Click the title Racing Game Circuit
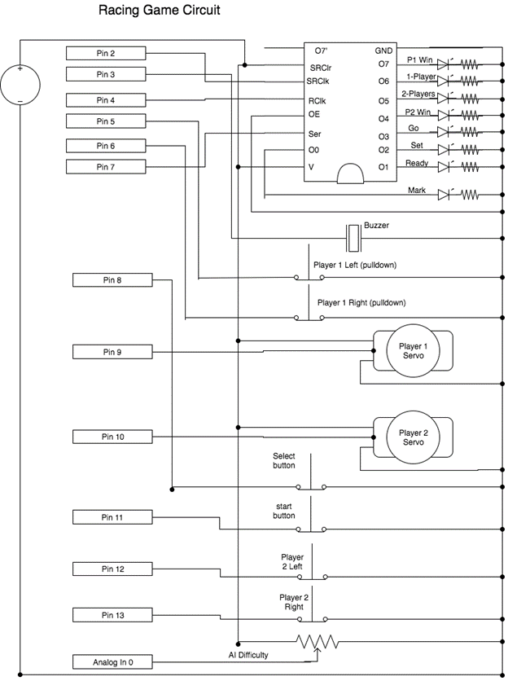point(159,11)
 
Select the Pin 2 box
point(106,53)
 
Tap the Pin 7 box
point(106,167)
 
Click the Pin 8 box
point(112,280)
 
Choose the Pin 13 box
point(112,615)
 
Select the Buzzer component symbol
point(353,238)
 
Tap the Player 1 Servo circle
point(413,352)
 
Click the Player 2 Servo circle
point(413,438)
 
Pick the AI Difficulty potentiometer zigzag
point(317,642)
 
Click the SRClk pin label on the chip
point(317,81)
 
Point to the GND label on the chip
point(383,51)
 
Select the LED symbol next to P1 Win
point(444,64)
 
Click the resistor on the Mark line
point(471,196)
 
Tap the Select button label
point(284,461)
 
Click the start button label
point(284,510)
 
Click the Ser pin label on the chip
point(315,134)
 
